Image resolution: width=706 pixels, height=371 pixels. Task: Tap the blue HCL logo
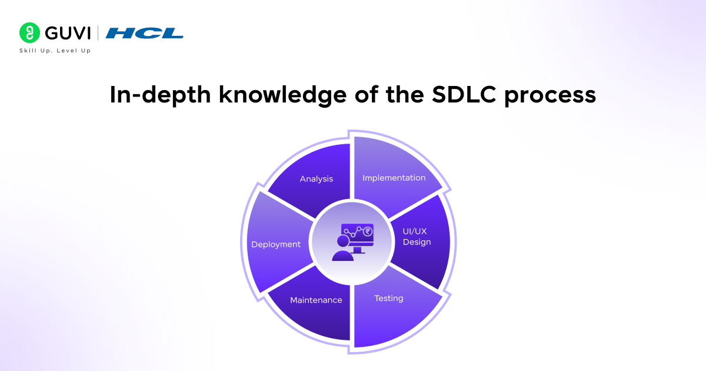click(x=145, y=33)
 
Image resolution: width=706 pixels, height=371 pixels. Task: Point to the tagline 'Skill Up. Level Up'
click(x=55, y=51)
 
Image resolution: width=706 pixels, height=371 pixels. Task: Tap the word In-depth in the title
click(x=159, y=95)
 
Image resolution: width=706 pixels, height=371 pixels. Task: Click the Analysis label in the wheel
click(x=317, y=178)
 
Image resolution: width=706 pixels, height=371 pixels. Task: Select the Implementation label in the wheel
click(x=394, y=177)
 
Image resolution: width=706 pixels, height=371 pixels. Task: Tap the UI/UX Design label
click(x=417, y=237)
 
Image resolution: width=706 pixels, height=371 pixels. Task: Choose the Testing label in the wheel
click(x=389, y=298)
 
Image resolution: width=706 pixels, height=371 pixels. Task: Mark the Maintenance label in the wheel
click(x=316, y=300)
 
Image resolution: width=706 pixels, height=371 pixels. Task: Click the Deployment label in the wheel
click(x=276, y=244)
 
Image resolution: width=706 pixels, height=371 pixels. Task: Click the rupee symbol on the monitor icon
click(x=368, y=231)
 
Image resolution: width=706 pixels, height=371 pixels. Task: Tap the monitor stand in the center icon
click(x=357, y=250)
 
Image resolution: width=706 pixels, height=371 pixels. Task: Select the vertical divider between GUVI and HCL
click(x=98, y=33)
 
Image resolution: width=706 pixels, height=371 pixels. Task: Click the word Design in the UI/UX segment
click(x=417, y=242)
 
